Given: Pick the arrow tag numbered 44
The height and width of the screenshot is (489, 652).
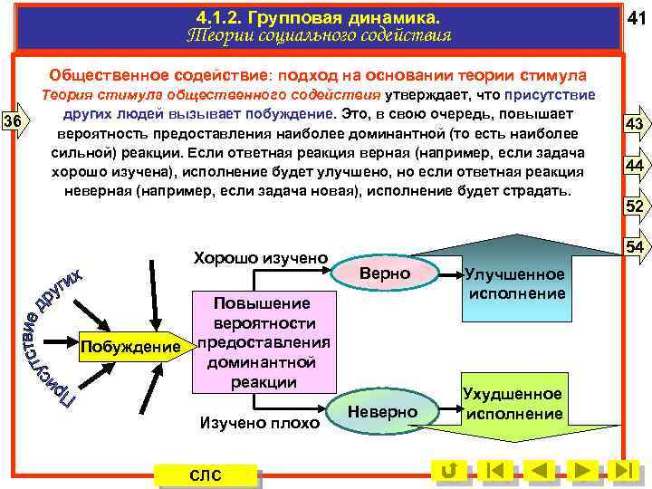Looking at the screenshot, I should [x=634, y=166].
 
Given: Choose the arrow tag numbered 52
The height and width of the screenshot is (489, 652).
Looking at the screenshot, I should [x=634, y=207].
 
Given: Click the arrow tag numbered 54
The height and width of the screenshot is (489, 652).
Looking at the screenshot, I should [x=634, y=247].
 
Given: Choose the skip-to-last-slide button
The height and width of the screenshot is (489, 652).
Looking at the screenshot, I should [x=622, y=471].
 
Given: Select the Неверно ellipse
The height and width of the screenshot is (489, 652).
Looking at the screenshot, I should [x=383, y=412].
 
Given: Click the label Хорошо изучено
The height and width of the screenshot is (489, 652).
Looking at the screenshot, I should [x=260, y=258].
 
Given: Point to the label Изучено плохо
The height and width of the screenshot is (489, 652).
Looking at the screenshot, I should [x=260, y=422].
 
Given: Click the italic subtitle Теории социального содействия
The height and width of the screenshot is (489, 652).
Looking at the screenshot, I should [x=318, y=36].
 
